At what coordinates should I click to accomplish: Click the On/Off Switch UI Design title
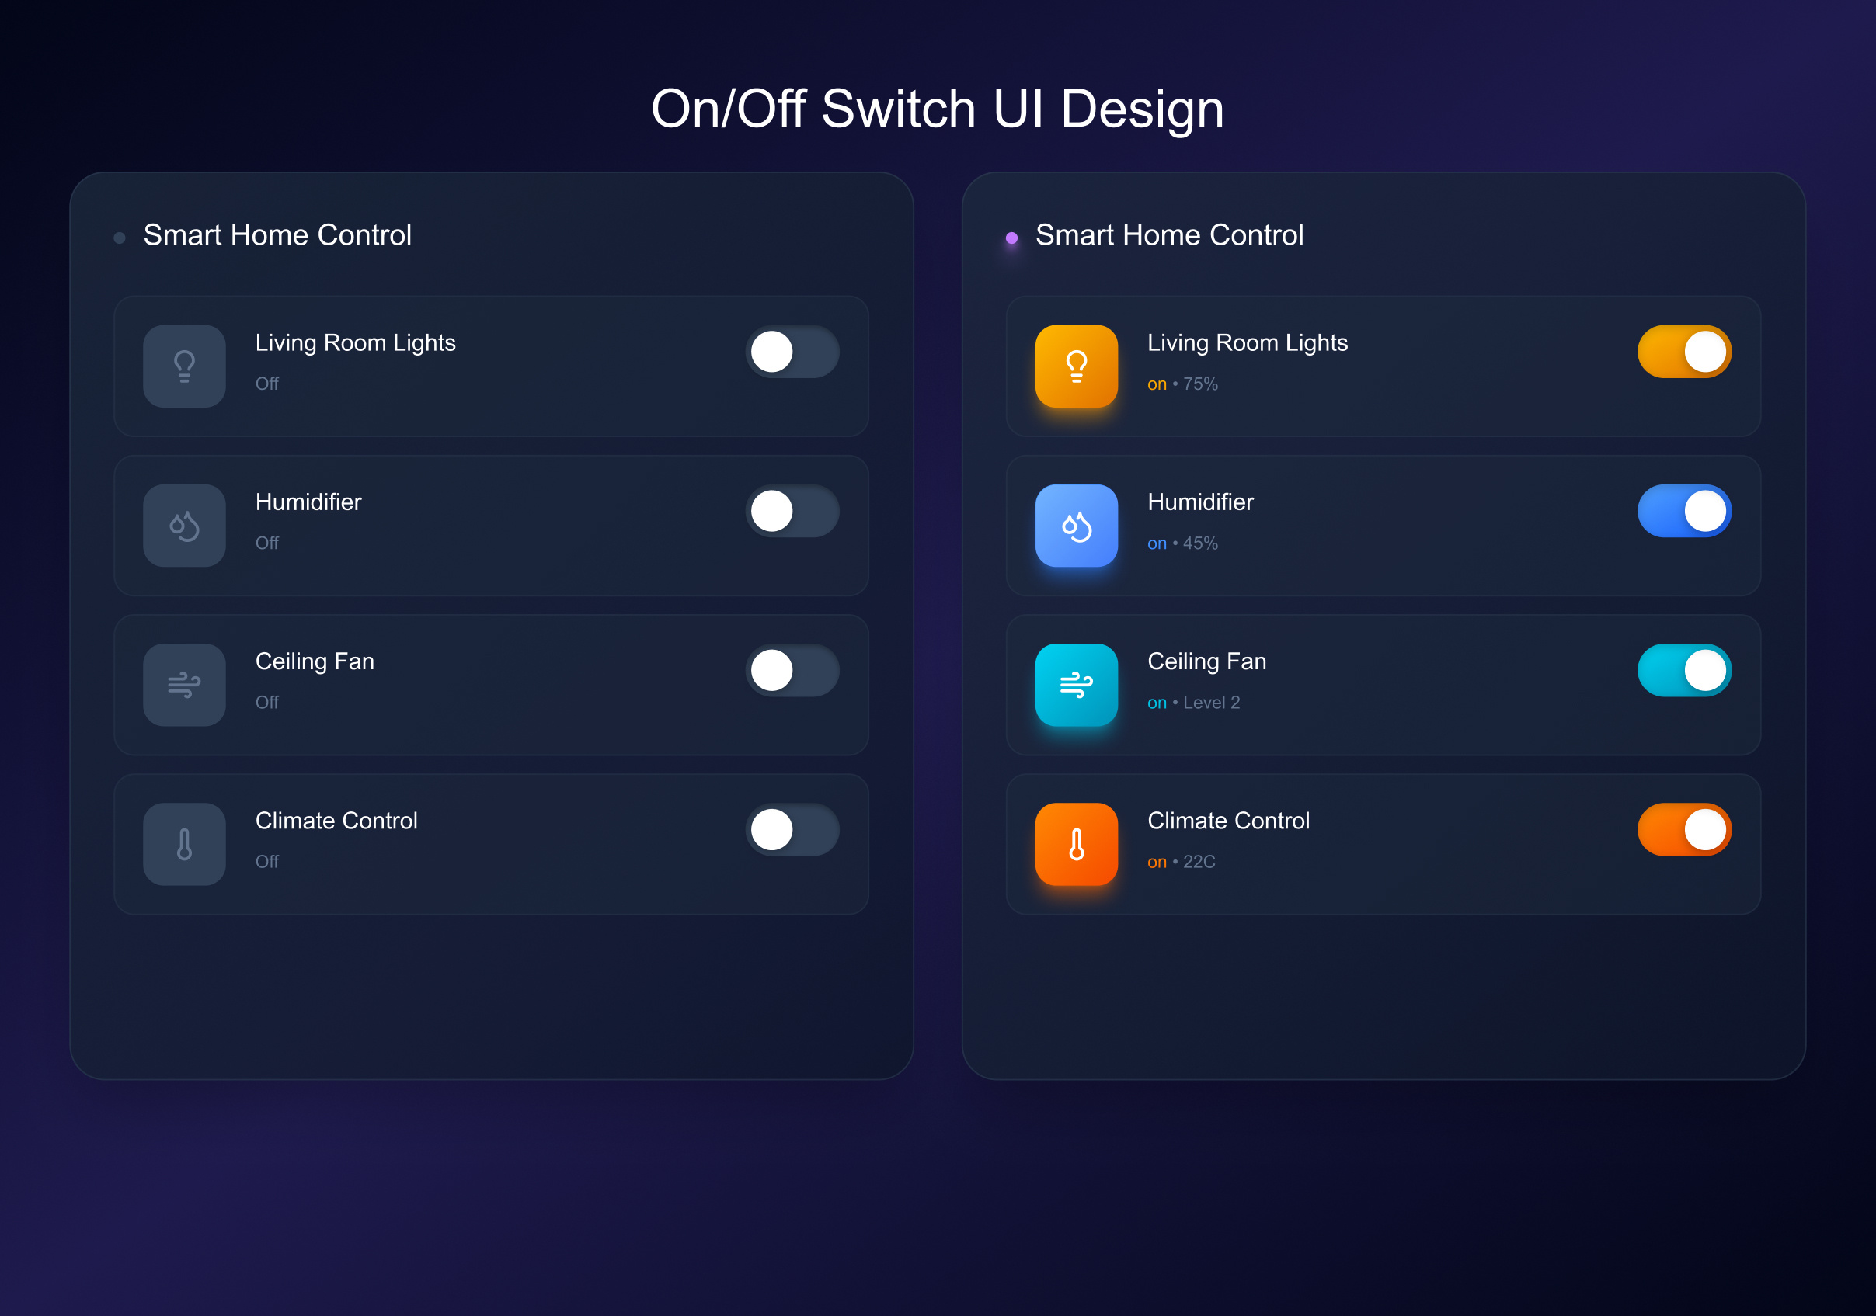click(937, 109)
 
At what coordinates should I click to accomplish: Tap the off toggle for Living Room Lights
click(792, 352)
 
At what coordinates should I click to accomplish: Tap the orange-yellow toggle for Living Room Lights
click(1684, 352)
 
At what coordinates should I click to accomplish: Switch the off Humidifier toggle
click(792, 512)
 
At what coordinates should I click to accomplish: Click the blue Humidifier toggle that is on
click(1684, 512)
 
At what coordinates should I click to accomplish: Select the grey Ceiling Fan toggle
click(792, 671)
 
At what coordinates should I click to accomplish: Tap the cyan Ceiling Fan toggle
click(1684, 671)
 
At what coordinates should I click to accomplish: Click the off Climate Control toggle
click(792, 830)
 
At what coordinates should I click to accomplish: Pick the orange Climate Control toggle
click(1684, 830)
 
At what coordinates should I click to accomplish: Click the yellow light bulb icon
click(1076, 366)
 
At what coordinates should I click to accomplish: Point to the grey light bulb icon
click(184, 366)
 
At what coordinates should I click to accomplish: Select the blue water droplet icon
click(1076, 526)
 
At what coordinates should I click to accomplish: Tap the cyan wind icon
click(1076, 685)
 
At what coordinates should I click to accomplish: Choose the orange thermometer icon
click(1076, 844)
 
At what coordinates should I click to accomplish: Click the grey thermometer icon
click(184, 844)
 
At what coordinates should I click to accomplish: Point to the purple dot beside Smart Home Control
click(1011, 238)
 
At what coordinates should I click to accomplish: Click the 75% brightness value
click(1200, 384)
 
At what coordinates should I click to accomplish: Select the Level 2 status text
click(1211, 703)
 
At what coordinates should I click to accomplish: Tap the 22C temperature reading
click(1199, 862)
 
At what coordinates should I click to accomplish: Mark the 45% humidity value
click(1200, 543)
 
